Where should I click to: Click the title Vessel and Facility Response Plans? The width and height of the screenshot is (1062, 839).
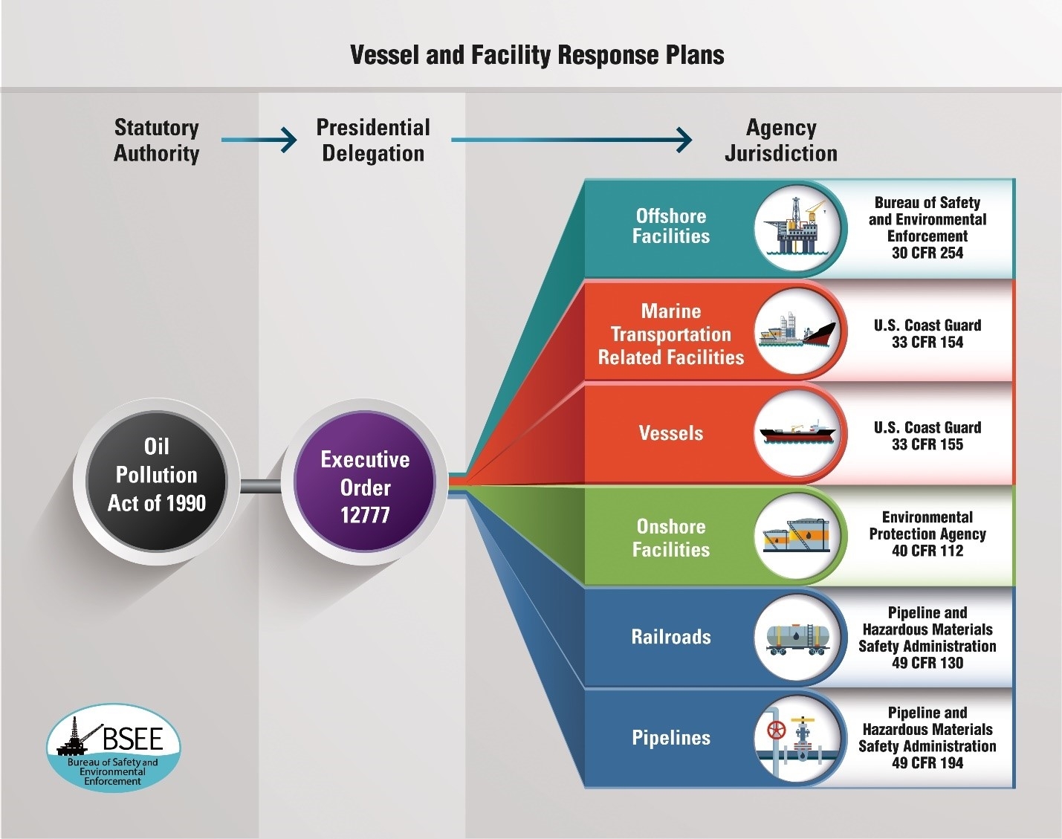(537, 55)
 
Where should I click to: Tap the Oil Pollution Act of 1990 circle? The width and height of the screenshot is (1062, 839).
(157, 476)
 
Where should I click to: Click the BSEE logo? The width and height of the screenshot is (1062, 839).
(114, 747)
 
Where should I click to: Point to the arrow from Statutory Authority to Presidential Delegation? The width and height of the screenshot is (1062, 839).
(259, 139)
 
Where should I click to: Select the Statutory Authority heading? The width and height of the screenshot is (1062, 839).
(157, 140)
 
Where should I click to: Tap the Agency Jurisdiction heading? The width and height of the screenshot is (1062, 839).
(781, 140)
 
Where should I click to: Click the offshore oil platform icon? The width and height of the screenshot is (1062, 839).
(797, 226)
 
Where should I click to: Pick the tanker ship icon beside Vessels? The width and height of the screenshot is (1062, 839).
(797, 432)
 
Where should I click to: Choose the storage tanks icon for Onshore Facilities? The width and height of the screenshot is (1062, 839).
(797, 534)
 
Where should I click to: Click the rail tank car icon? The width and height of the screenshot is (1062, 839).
(797, 637)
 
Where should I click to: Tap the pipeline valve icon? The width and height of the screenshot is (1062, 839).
(797, 738)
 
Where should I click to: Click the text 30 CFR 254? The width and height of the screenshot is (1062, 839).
(927, 253)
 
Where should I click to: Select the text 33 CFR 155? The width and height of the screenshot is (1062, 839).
(927, 445)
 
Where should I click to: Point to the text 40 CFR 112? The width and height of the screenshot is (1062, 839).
(927, 551)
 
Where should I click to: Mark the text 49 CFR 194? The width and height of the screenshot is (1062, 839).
(927, 763)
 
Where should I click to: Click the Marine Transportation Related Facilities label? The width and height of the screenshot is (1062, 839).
(671, 334)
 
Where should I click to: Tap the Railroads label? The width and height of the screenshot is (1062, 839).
(671, 637)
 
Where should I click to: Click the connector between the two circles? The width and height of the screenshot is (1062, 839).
(261, 487)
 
